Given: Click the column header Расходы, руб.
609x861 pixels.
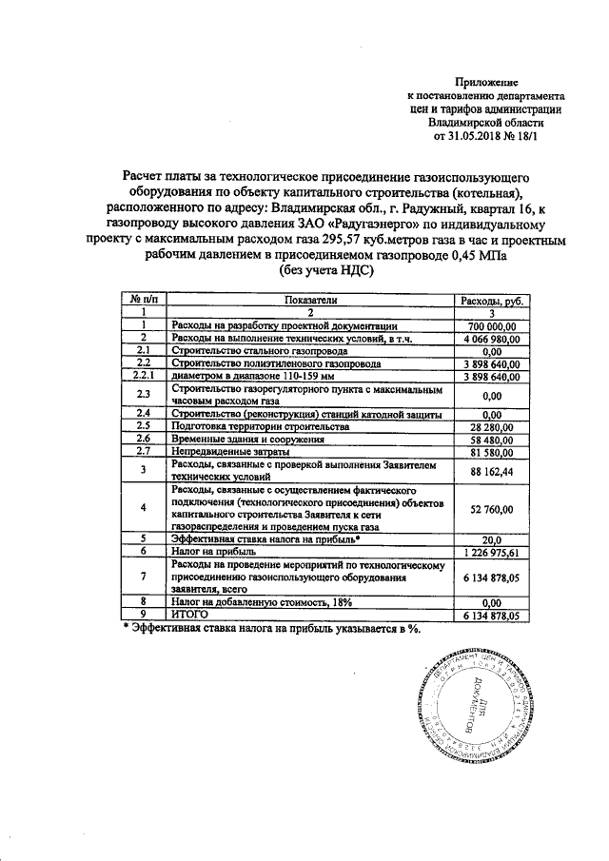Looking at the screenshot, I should click(x=492, y=300).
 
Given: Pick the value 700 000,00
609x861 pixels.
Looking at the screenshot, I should click(x=492, y=325).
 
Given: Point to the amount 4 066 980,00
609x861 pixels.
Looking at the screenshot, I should click(x=492, y=338).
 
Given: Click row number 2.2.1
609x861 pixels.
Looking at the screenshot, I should click(x=143, y=376).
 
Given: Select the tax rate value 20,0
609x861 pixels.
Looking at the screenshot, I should click(x=492, y=538).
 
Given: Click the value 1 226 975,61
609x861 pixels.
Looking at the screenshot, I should click(x=492, y=551).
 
